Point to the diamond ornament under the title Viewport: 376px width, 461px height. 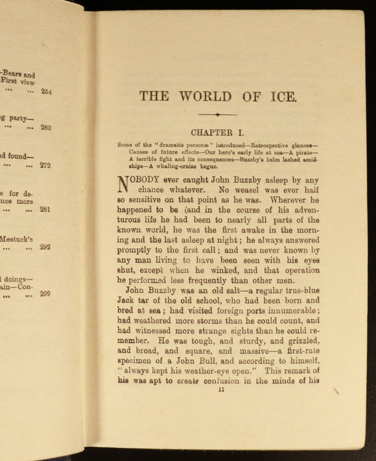[217, 114]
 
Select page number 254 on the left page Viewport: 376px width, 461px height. [46, 92]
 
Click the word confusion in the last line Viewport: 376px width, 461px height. [214, 381]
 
